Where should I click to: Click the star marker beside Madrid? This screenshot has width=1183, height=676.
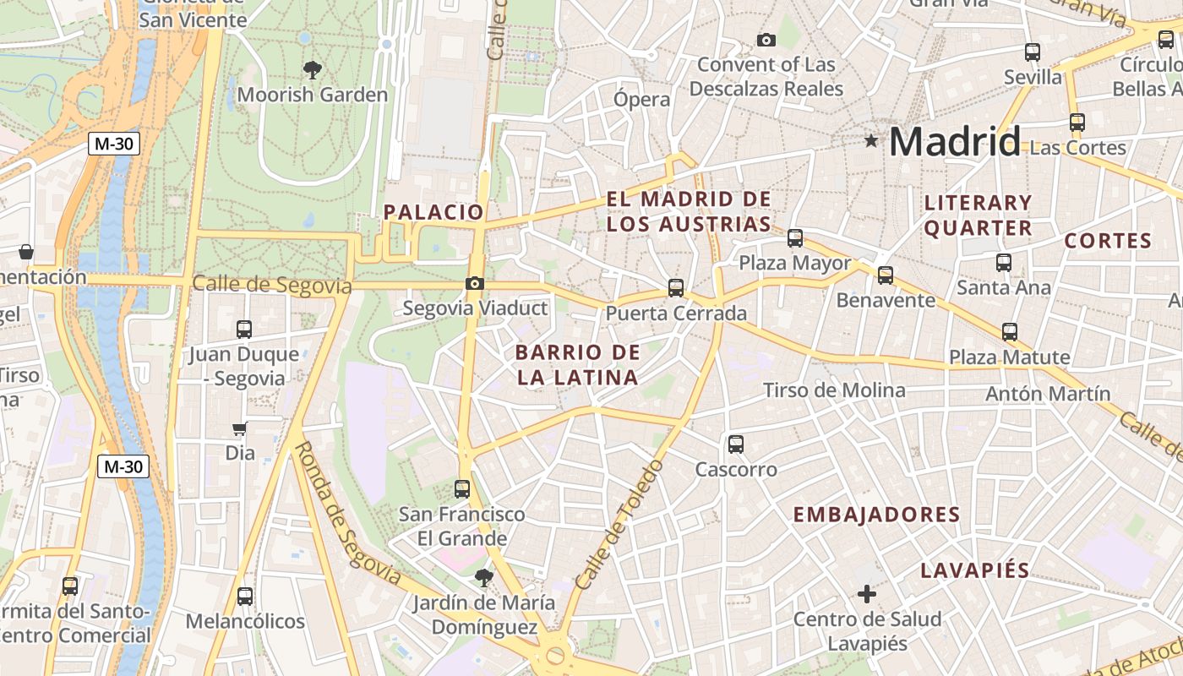(x=871, y=140)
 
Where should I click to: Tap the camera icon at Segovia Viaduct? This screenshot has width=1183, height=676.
(x=475, y=284)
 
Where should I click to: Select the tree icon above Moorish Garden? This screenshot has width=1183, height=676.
(x=313, y=69)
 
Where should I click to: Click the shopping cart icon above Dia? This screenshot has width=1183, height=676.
(x=240, y=429)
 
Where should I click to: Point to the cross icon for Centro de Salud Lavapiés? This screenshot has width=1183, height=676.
(x=867, y=594)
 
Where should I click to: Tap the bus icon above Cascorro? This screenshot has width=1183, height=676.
(x=736, y=444)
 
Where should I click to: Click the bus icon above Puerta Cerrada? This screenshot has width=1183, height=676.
(x=676, y=288)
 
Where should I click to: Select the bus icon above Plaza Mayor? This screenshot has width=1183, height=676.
(x=795, y=238)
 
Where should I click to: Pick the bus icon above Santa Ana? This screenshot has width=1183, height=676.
(x=1004, y=263)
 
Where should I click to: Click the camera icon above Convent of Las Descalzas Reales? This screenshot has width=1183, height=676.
(x=766, y=40)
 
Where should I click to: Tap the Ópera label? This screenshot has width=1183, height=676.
(x=642, y=99)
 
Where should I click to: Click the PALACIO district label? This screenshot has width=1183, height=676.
(x=433, y=212)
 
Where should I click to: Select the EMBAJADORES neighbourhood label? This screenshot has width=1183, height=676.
(x=877, y=515)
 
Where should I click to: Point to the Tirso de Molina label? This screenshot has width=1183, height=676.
(x=834, y=390)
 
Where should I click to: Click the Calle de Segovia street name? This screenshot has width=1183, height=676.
(x=272, y=285)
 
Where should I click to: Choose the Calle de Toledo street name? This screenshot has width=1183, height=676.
(x=619, y=523)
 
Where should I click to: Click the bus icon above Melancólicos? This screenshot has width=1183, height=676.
(x=245, y=597)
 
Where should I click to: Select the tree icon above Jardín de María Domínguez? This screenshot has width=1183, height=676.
(x=483, y=578)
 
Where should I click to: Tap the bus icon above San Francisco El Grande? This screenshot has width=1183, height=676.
(x=462, y=488)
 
